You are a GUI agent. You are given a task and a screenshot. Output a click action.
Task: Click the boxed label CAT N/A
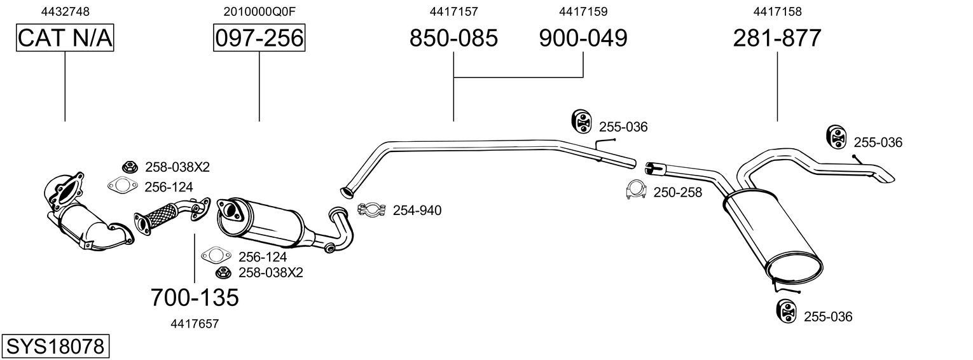[65, 38]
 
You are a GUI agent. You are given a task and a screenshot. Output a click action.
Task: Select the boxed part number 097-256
[259, 38]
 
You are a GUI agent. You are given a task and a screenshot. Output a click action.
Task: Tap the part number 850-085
[453, 38]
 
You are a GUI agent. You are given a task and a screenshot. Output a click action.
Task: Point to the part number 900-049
[583, 38]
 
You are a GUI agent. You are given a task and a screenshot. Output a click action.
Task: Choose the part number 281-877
[777, 38]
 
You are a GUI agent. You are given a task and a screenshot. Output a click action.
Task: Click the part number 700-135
[195, 297]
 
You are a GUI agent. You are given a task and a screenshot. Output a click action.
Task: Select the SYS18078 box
[55, 347]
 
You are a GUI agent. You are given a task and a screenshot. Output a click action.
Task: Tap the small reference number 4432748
[65, 11]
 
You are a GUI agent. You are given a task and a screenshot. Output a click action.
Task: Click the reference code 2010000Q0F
[259, 11]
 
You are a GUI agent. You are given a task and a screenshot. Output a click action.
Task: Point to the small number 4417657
[195, 324]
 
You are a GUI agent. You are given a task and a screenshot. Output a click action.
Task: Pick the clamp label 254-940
[417, 211]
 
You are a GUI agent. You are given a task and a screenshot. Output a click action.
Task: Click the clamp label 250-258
[678, 192]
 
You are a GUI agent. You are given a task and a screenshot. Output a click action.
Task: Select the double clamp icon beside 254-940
[373, 209]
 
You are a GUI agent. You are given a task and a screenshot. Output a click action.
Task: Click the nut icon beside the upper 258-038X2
[129, 167]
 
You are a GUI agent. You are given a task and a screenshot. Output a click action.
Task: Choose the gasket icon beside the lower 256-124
[215, 256]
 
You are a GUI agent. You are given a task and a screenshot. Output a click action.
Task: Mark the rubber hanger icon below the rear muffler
[787, 312]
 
